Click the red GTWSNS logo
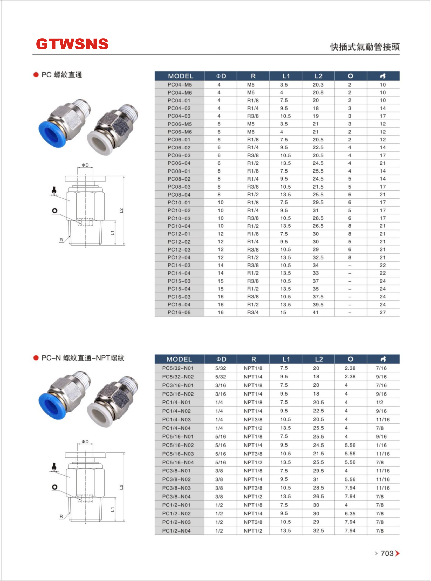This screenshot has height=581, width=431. [72, 44]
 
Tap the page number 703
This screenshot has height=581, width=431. [387, 553]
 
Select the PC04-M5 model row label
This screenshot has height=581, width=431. [180, 85]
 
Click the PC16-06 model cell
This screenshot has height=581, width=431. [179, 312]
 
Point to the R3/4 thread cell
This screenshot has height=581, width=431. [253, 312]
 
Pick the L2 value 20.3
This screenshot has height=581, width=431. [318, 85]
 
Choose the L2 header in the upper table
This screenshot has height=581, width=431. [318, 76]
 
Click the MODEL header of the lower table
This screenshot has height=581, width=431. [179, 359]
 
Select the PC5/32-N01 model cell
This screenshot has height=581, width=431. [178, 368]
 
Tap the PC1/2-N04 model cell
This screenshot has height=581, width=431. [176, 530]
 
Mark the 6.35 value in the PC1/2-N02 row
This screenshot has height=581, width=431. [350, 513]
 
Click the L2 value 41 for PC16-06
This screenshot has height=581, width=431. [316, 312]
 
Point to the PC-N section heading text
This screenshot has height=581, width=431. [83, 358]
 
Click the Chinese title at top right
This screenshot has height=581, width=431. [365, 47]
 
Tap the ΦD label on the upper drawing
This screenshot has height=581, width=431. [85, 165]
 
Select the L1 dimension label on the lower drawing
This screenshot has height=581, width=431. [112, 509]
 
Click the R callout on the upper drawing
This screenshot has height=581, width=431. [61, 240]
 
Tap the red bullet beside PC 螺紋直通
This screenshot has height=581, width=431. [36, 75]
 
